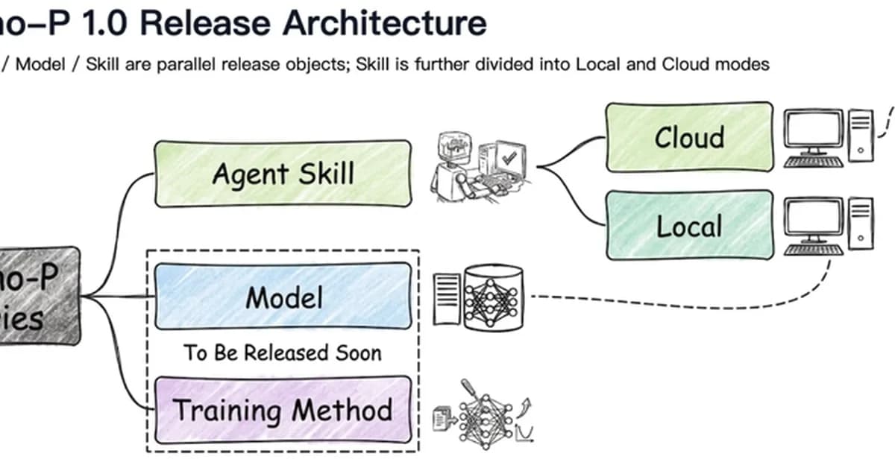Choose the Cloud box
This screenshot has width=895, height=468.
(x=688, y=137)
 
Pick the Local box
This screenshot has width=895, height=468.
(x=688, y=225)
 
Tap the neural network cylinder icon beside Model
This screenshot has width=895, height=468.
(x=493, y=299)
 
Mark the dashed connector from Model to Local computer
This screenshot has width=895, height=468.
(x=671, y=304)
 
